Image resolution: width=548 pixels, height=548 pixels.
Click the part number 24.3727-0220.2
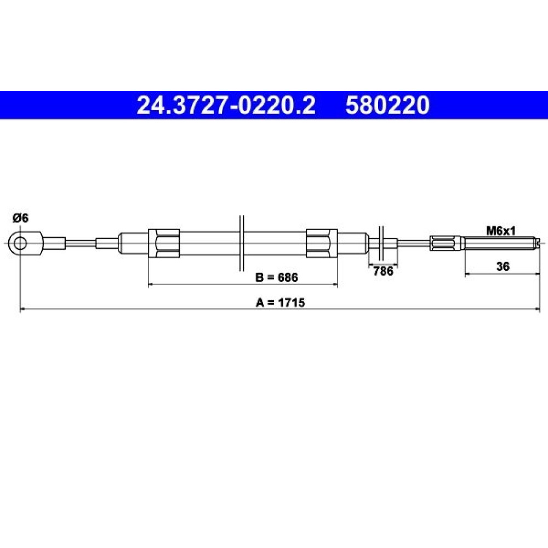coord(226,105)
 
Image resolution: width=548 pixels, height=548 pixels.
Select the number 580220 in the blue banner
coord(387,105)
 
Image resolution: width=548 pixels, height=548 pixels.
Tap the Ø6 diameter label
coord(20,219)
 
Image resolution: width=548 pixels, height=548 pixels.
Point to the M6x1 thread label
coord(501,231)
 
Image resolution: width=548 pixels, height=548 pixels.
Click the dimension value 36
coord(503,266)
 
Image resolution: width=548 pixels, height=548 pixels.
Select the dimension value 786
coord(383,271)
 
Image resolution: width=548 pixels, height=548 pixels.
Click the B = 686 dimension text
coord(276,277)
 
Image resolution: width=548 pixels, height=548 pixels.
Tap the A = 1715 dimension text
coord(280,302)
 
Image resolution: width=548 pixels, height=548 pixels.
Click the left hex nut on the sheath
coord(164,243)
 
